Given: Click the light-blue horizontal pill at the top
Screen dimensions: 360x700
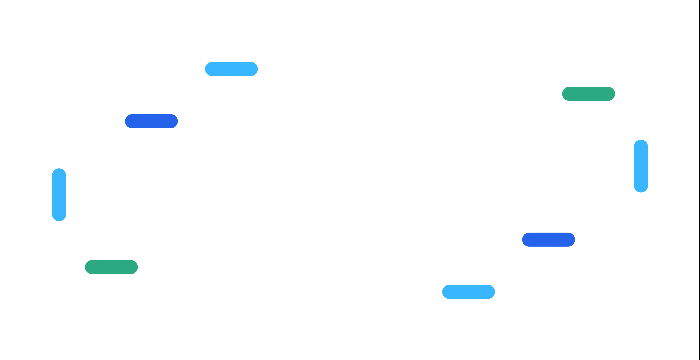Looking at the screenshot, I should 231,69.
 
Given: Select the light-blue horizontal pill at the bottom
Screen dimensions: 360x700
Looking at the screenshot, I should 468,292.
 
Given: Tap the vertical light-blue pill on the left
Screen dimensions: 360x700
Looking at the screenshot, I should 59,195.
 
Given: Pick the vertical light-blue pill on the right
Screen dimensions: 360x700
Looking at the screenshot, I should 641,166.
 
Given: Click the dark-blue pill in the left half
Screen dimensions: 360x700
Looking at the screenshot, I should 151,121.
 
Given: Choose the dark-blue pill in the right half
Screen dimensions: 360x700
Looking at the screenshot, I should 548,239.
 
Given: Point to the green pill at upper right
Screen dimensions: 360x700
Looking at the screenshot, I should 588,94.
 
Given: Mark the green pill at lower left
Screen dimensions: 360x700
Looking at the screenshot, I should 111,267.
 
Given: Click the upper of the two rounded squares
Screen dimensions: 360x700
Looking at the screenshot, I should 319,147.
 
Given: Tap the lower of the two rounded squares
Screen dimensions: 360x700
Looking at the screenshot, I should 377,205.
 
